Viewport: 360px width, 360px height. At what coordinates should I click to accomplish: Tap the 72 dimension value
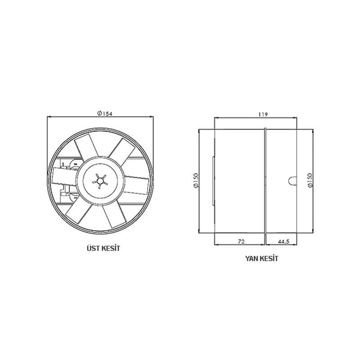(x=241, y=242)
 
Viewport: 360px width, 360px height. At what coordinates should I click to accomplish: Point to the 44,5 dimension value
(x=283, y=242)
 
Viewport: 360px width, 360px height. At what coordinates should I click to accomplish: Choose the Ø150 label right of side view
(x=310, y=182)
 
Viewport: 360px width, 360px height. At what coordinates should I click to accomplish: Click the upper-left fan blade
(x=83, y=149)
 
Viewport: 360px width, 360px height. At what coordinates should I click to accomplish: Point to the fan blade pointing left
(x=63, y=175)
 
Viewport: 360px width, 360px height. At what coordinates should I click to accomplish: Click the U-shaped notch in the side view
(x=290, y=181)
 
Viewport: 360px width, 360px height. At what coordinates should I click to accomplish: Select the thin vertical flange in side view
(x=265, y=181)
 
